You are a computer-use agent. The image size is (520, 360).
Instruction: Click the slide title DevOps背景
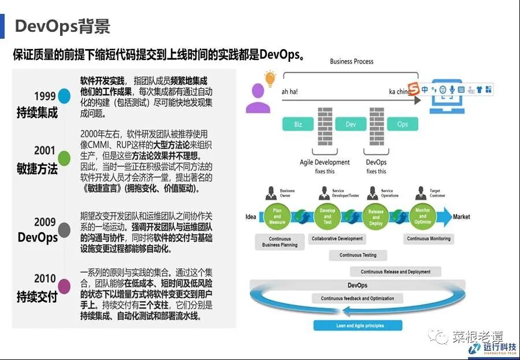click(62, 26)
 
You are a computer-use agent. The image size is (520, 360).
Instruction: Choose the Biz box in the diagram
click(298, 124)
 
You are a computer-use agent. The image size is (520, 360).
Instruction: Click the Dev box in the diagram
click(351, 124)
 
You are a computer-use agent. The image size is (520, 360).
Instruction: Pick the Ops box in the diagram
click(403, 124)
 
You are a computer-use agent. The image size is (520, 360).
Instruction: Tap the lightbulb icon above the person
click(269, 78)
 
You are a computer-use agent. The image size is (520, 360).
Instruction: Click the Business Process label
click(351, 61)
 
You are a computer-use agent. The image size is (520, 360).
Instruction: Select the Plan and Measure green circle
click(277, 217)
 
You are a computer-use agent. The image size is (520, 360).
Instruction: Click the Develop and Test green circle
click(327, 217)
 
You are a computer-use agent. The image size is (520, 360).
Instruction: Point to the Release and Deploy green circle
click(376, 217)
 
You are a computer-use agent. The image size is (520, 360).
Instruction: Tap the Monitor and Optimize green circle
click(423, 217)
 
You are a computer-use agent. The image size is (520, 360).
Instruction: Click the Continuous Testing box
click(358, 255)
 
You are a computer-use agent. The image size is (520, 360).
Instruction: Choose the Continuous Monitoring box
click(429, 239)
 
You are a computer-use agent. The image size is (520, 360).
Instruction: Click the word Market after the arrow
click(462, 217)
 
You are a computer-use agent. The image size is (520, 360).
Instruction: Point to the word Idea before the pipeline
click(251, 217)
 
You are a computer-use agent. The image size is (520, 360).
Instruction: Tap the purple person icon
click(258, 98)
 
